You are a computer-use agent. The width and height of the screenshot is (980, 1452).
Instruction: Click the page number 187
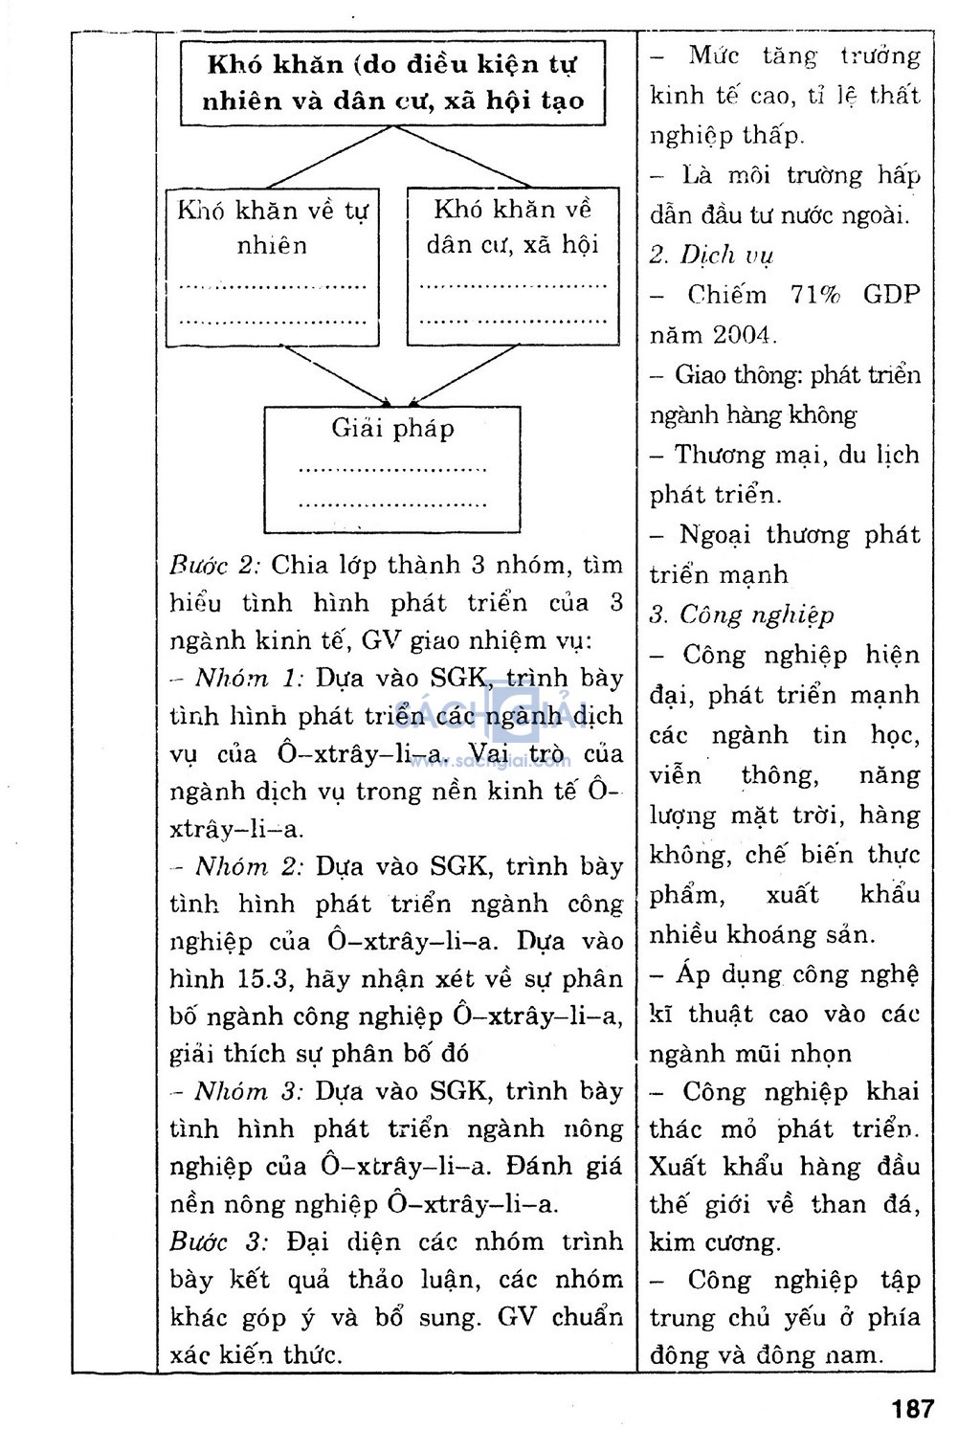(912, 1408)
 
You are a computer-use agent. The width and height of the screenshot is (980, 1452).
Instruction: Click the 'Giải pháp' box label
(392, 428)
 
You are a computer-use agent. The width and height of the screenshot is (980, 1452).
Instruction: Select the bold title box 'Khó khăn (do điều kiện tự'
(393, 82)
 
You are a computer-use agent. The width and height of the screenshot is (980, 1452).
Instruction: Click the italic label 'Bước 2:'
(215, 565)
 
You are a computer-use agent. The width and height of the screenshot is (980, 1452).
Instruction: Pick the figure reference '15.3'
(253, 979)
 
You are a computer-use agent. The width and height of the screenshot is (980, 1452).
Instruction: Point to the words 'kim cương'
(714, 1242)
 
